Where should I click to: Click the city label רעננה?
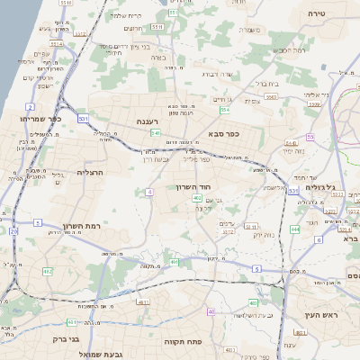pyautogui.click(x=149, y=120)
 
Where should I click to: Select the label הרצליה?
pyautogui.click(x=93, y=171)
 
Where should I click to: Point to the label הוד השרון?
pyautogui.click(x=193, y=186)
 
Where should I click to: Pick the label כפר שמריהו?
pyautogui.click(x=41, y=117)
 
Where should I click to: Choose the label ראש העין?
pyautogui.click(x=319, y=313)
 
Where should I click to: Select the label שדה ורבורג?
pyautogui.click(x=217, y=74)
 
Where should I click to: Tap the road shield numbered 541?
pyautogui.click(x=156, y=132)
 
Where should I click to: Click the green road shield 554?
pyautogui.click(x=225, y=110)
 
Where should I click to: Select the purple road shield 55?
pyautogui.click(x=310, y=137)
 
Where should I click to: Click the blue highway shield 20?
pyautogui.click(x=14, y=231)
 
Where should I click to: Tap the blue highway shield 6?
pyautogui.click(x=319, y=240)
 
